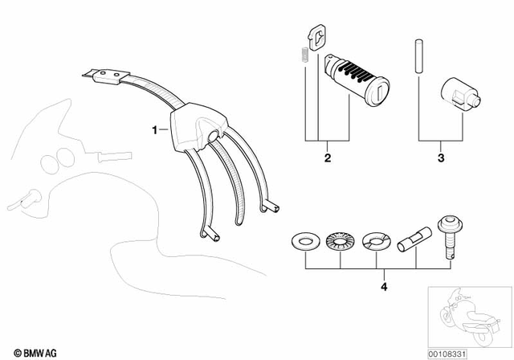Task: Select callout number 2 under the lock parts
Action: click(328, 158)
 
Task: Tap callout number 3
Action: click(440, 158)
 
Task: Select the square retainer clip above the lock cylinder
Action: click(318, 37)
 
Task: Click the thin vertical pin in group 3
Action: click(418, 56)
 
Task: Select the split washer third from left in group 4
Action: click(375, 239)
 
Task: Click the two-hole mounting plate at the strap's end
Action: click(102, 76)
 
